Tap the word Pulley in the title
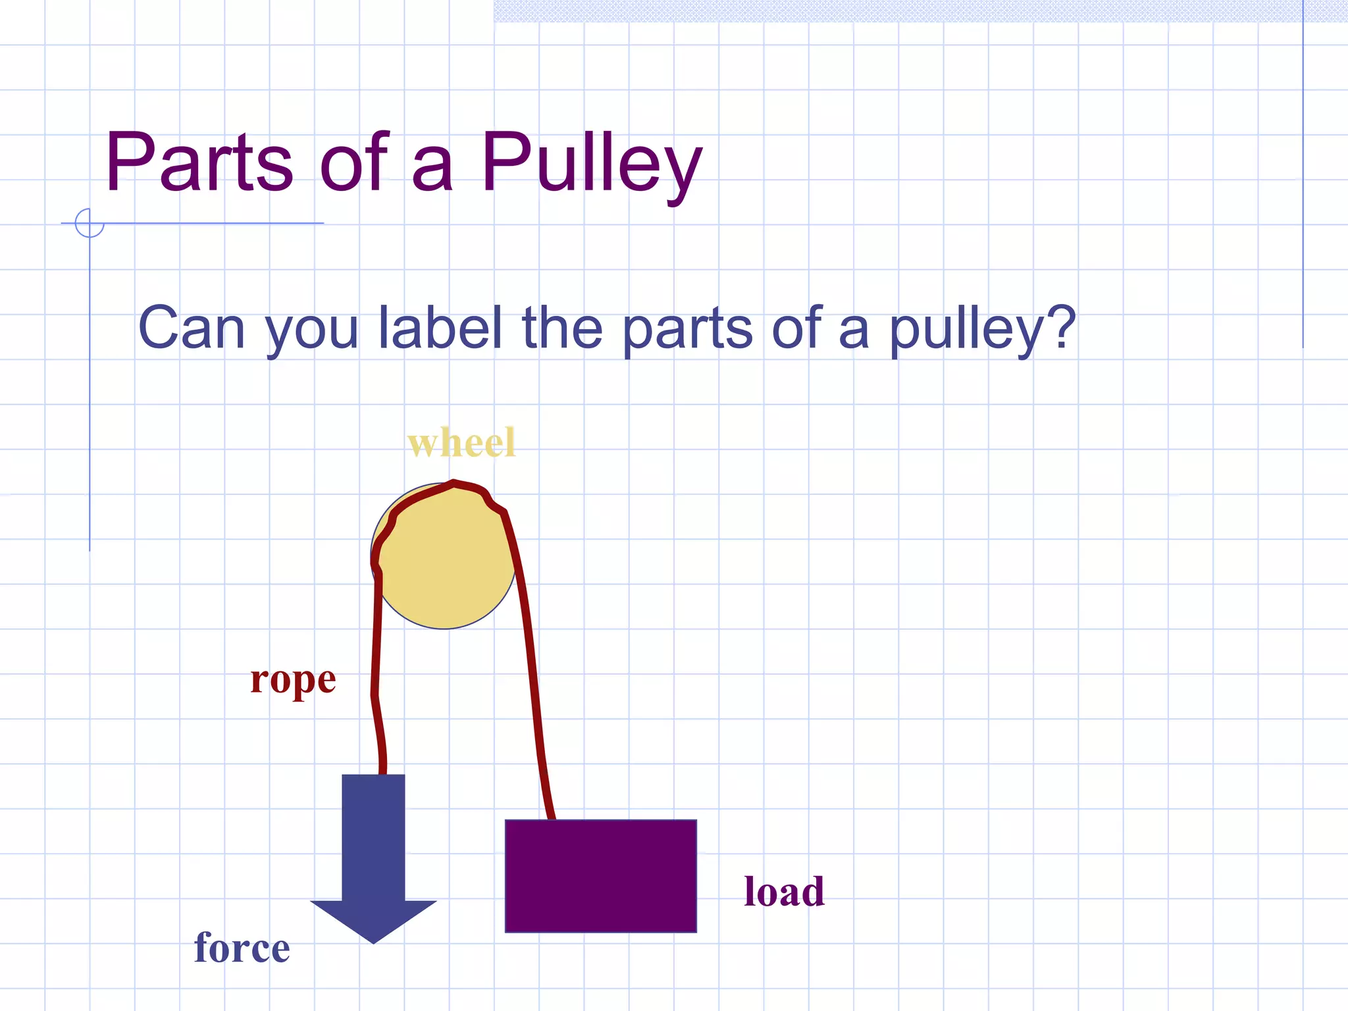point(591,165)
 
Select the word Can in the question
point(192,327)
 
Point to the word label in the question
point(440,327)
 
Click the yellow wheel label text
point(461,442)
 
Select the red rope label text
point(293,680)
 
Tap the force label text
point(242,948)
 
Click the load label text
point(784,892)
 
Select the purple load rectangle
point(600,875)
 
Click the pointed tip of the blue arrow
point(374,941)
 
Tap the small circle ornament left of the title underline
point(90,222)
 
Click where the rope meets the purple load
point(551,819)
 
